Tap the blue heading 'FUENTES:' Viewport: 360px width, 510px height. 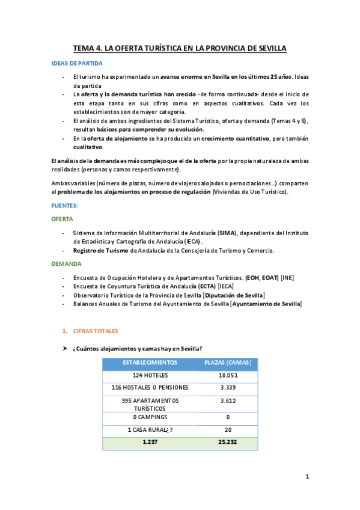coord(65,206)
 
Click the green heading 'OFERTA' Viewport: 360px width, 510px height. coord(63,219)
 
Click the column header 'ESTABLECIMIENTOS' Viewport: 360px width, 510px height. coord(150,363)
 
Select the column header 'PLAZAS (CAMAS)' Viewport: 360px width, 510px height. coord(228,363)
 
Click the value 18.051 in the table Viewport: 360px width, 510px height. coord(228,375)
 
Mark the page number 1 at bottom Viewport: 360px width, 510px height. coord(307,477)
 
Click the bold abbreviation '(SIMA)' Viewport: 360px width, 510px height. coord(227,233)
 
